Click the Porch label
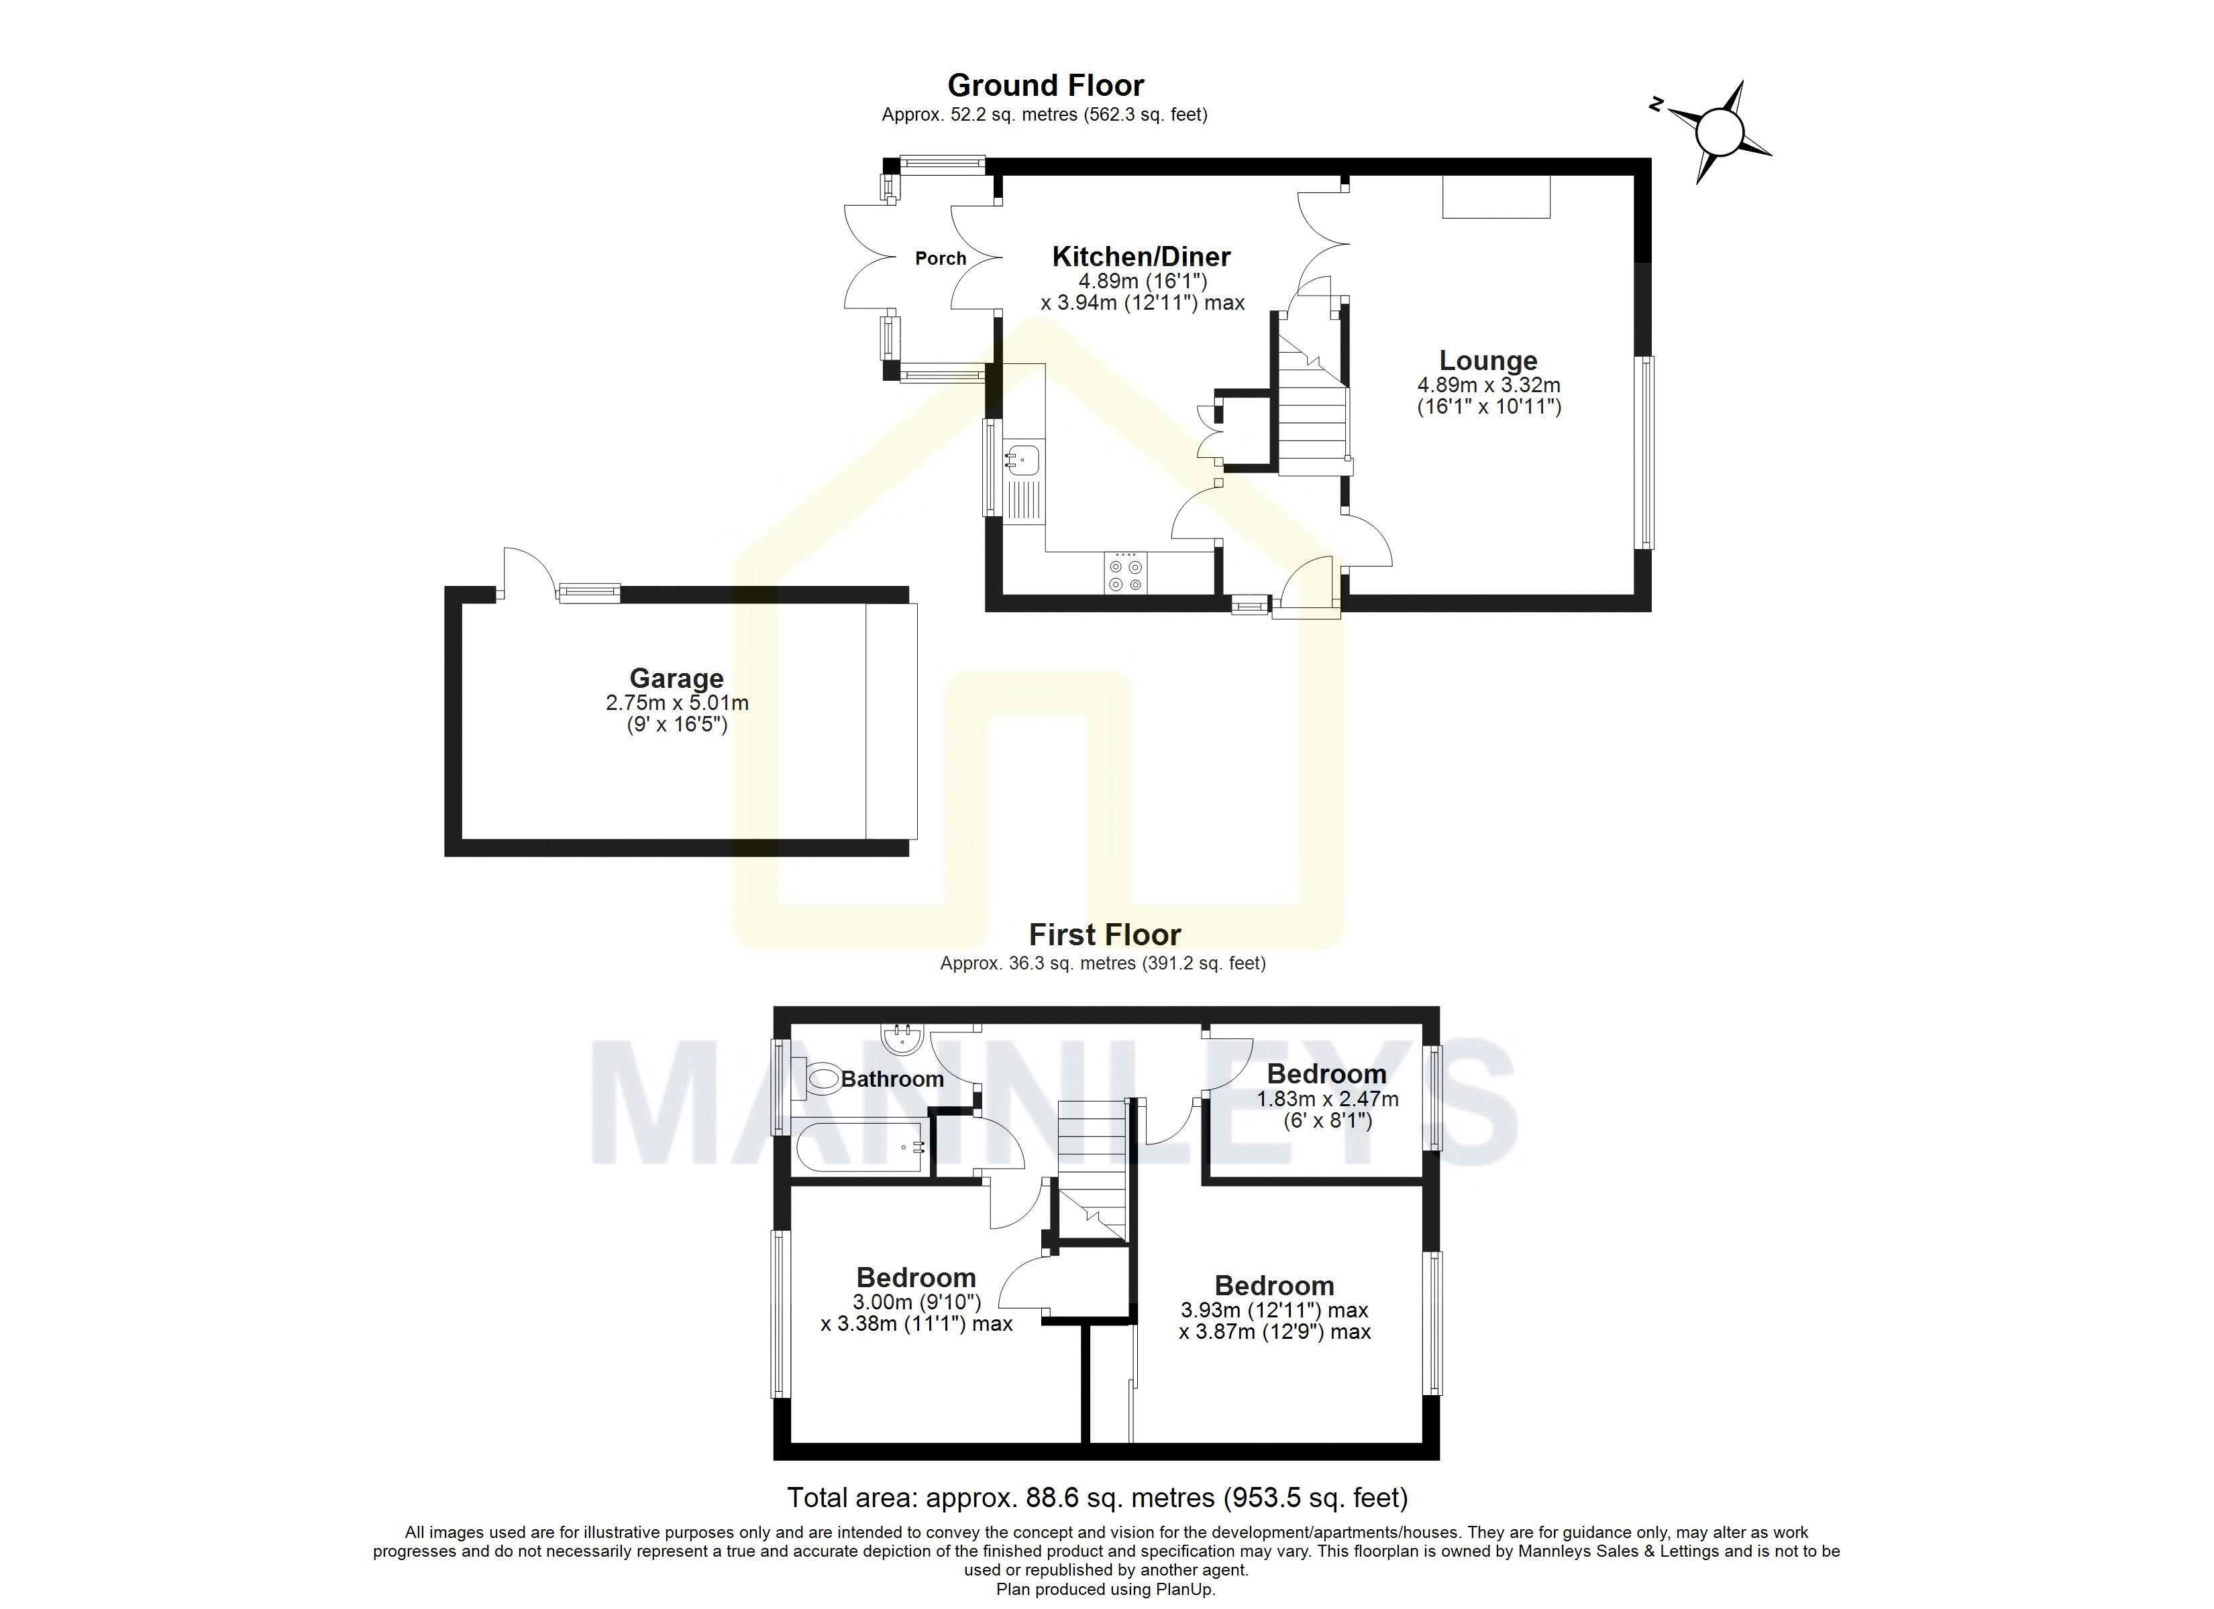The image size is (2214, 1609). [940, 259]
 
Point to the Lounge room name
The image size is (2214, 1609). [1487, 361]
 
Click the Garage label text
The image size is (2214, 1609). [676, 678]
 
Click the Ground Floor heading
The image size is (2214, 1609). [1045, 86]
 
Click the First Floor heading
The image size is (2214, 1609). [1104, 935]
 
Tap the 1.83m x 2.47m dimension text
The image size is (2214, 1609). [1326, 1099]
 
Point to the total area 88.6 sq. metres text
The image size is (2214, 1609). [1097, 1497]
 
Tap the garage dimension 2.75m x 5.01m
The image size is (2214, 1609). [676, 703]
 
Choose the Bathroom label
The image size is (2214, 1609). [891, 1079]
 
